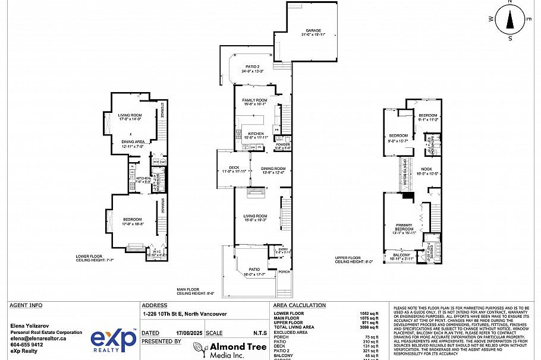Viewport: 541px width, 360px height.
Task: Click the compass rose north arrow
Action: [x=509, y=20]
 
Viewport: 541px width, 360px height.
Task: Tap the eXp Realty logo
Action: [x=114, y=341]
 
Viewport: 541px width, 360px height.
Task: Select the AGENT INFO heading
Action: [x=26, y=305]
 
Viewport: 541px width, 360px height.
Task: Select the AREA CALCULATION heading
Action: [x=300, y=305]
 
